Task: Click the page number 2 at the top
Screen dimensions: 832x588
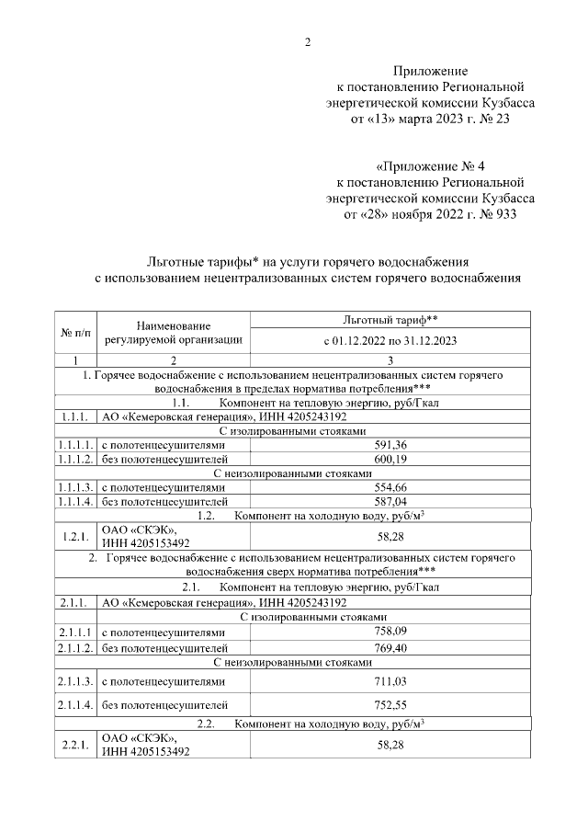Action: pyautogui.click(x=309, y=41)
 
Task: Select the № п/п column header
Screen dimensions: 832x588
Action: pyautogui.click(x=75, y=330)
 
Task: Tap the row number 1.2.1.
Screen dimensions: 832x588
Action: pyautogui.click(x=75, y=535)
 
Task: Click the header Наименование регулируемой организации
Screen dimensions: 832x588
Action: pyautogui.click(x=174, y=332)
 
